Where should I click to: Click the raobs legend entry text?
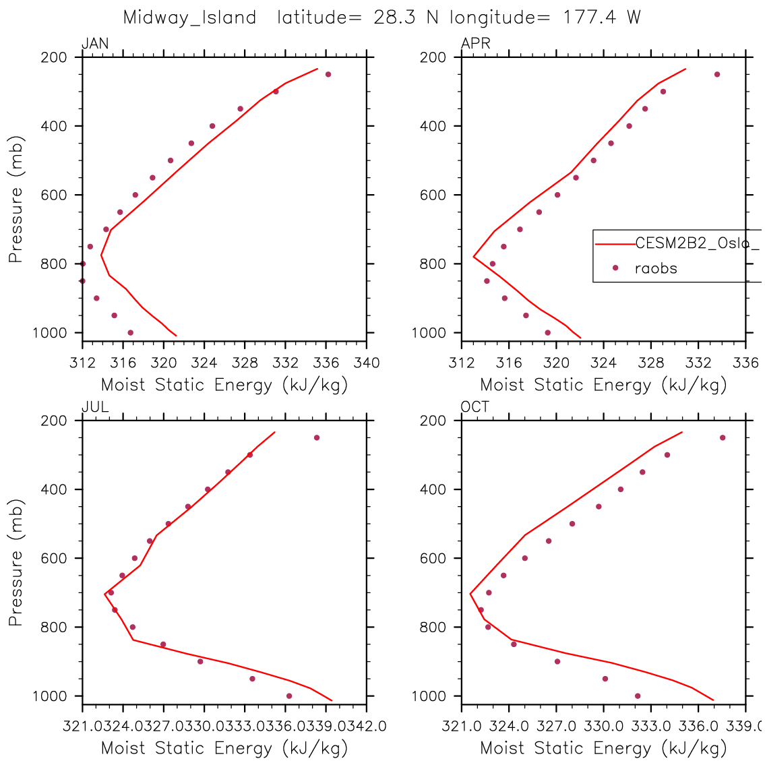pyautogui.click(x=656, y=268)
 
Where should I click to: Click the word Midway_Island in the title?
pyautogui.click(x=189, y=18)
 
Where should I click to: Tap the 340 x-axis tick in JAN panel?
pyautogui.click(x=367, y=363)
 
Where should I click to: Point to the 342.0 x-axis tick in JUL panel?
pyautogui.click(x=367, y=726)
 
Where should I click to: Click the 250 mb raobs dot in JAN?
pyautogui.click(x=328, y=74)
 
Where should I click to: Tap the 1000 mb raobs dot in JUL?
pyautogui.click(x=289, y=696)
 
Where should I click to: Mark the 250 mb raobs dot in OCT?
pyautogui.click(x=723, y=437)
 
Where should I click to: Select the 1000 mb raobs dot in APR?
pyautogui.click(x=547, y=332)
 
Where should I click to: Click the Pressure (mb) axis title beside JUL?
pyautogui.click(x=16, y=563)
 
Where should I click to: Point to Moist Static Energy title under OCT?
pyautogui.click(x=603, y=748)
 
